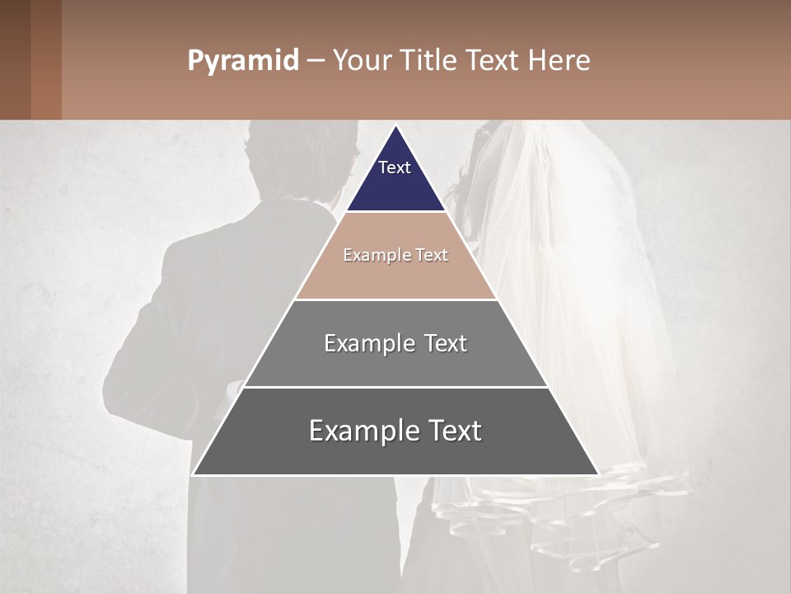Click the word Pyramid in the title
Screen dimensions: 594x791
[242, 60]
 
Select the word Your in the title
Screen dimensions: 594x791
[364, 60]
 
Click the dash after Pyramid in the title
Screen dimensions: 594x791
[316, 61]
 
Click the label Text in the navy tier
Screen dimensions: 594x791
[395, 167]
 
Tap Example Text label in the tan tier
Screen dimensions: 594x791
[395, 255]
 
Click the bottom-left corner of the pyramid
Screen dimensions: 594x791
[194, 474]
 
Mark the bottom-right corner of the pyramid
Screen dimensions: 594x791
[597, 474]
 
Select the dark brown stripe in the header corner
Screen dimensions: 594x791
[15, 59]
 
